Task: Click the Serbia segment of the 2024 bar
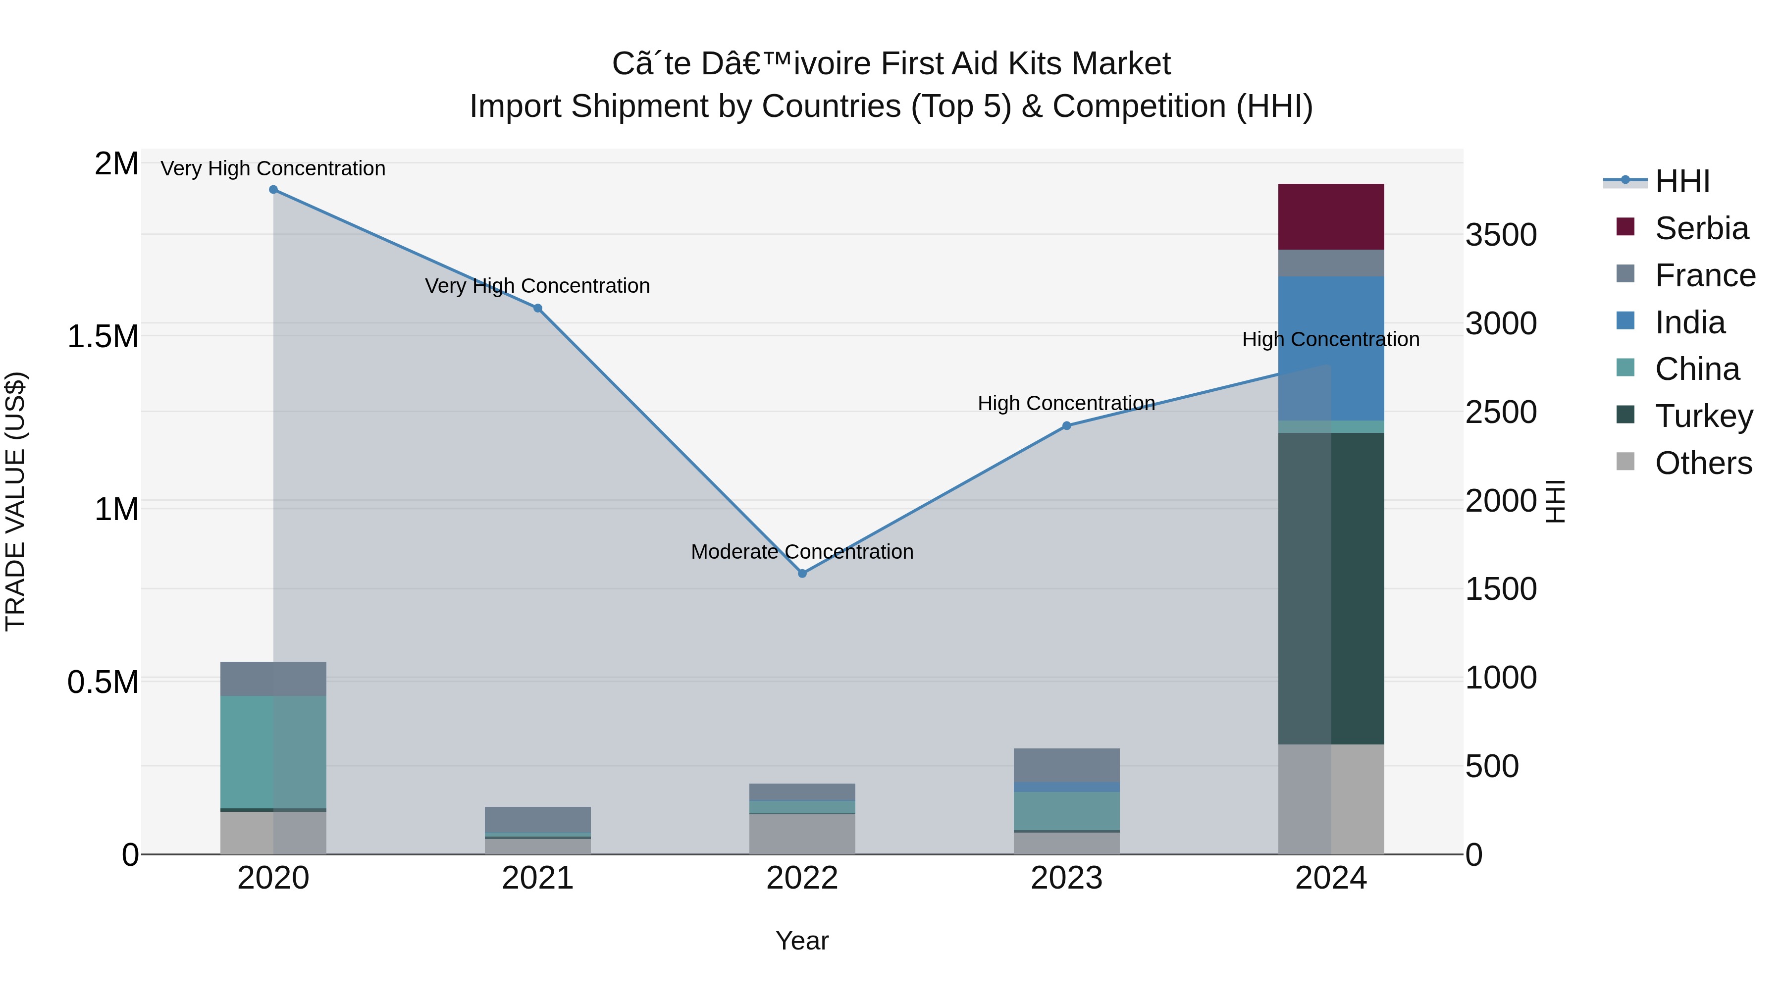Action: click(x=1330, y=216)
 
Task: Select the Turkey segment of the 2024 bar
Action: click(x=1330, y=588)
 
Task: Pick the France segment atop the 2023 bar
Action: click(x=1066, y=765)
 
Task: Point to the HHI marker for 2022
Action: click(x=802, y=573)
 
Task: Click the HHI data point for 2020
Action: click(x=273, y=190)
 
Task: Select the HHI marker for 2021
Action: click(x=538, y=308)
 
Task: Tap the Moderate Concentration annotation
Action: click(x=802, y=552)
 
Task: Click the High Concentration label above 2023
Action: click(x=1066, y=403)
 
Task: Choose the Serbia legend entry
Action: click(x=1701, y=228)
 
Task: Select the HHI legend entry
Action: click(x=1682, y=181)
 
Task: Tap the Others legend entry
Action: click(x=1703, y=463)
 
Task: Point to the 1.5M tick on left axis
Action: click(x=103, y=337)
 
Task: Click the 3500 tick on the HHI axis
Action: click(x=1501, y=235)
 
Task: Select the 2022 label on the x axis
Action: click(x=802, y=878)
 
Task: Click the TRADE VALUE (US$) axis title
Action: click(x=15, y=501)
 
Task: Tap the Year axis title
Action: click(x=802, y=941)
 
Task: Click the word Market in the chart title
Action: click(x=1121, y=64)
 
